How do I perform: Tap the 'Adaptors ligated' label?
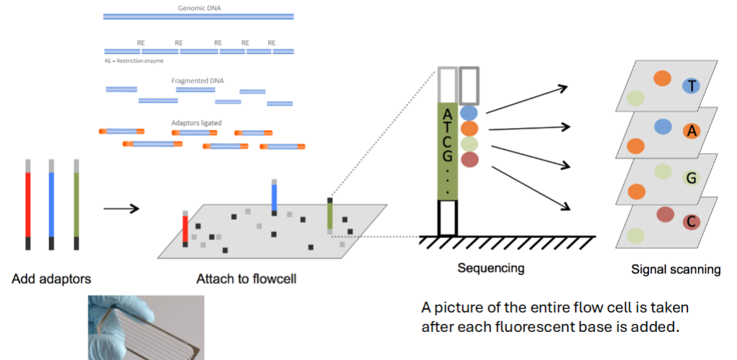click(196, 123)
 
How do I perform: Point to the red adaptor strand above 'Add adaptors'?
click(28, 205)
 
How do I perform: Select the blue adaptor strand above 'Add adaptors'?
click(52, 205)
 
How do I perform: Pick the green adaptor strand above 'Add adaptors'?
click(76, 205)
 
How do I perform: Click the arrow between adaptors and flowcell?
click(120, 209)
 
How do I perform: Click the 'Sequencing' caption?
click(490, 269)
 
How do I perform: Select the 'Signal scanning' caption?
click(675, 269)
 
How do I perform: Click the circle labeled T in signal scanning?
click(691, 86)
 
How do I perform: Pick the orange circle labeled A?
click(691, 131)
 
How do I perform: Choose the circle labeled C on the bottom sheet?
click(691, 222)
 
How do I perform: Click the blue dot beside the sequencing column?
click(469, 113)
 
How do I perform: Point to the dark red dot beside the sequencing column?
click(469, 160)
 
